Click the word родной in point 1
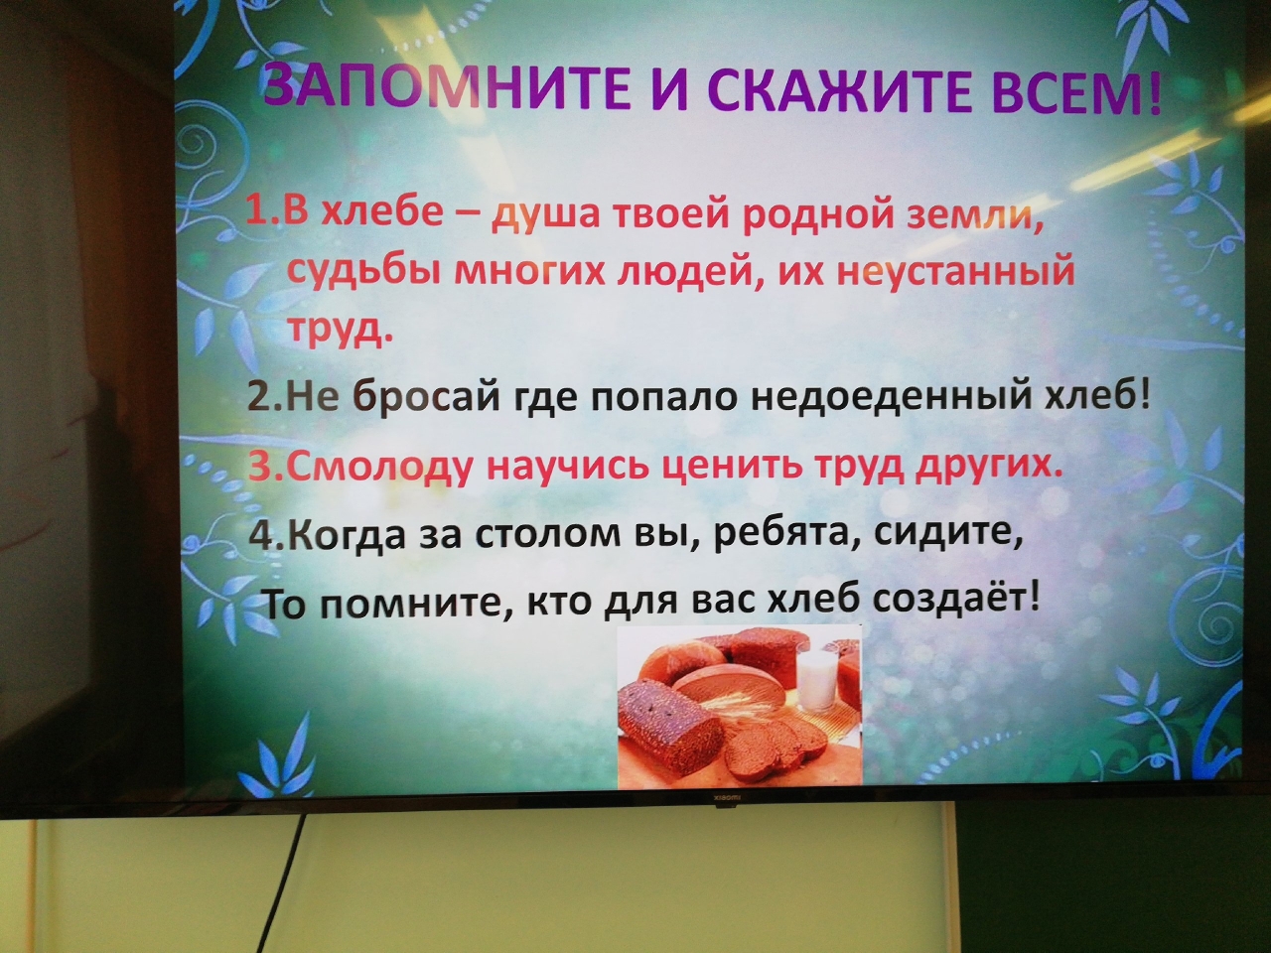click(x=816, y=222)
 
